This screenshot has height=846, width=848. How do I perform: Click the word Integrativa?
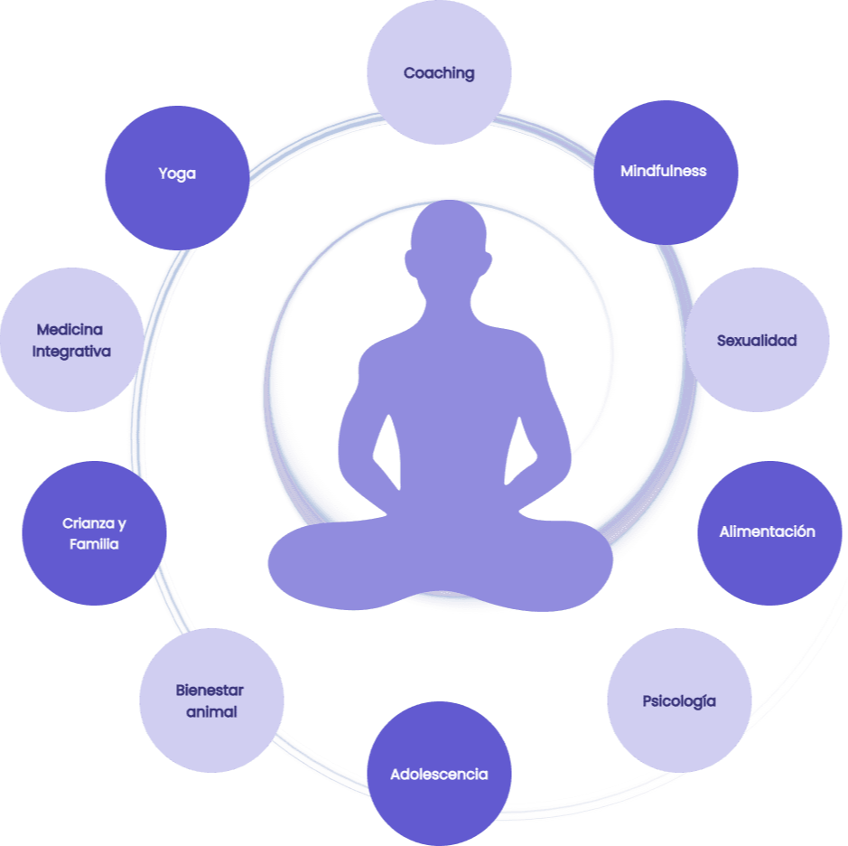[x=71, y=351]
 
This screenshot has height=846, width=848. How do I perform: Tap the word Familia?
[x=94, y=544]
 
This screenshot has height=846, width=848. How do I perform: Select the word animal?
[x=211, y=711]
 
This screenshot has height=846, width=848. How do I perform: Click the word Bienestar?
[x=210, y=691]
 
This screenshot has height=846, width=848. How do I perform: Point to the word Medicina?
[x=70, y=330]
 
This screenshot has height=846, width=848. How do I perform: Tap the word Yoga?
[x=177, y=174]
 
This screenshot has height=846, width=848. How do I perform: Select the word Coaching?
[x=439, y=73]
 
